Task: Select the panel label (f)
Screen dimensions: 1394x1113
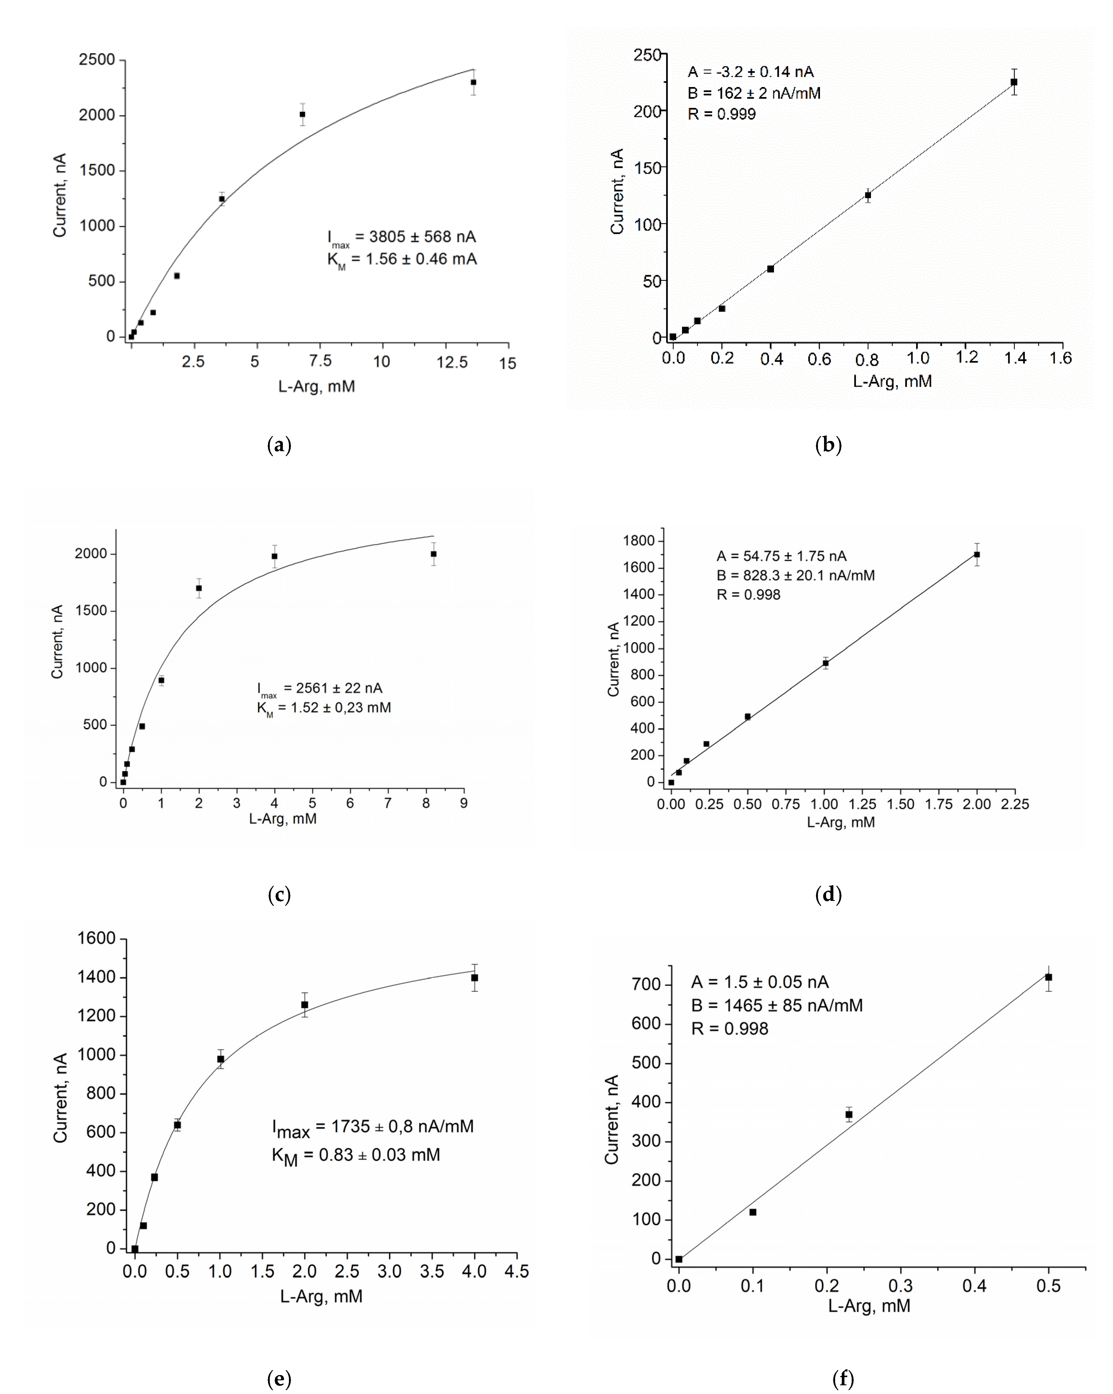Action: coord(843,1379)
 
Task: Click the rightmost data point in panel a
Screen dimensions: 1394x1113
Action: coord(473,82)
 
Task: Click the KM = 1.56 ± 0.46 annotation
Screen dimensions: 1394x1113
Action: coord(402,260)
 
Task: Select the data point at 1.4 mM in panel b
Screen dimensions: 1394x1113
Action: coord(1013,82)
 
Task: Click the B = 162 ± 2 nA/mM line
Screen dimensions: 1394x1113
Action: coord(754,93)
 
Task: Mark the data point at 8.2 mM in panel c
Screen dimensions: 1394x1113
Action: coord(434,554)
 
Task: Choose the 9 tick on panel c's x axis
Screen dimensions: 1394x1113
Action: coord(464,803)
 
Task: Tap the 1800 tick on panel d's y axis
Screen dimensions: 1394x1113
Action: coord(639,541)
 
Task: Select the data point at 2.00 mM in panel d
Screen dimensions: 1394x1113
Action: coord(977,555)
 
